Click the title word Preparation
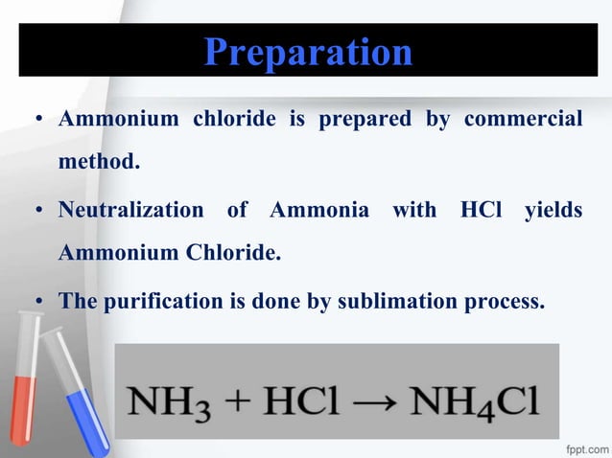[308, 52]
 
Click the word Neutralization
[130, 209]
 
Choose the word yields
[553, 209]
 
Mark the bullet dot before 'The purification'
[39, 303]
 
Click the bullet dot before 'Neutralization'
[39, 211]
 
